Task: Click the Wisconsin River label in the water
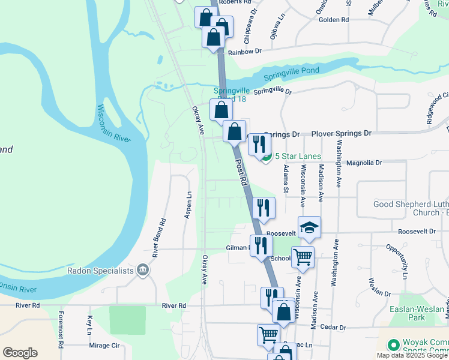pos(114,124)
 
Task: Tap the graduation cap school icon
pos(309,227)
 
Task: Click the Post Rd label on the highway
pos(241,171)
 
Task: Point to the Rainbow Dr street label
pos(244,51)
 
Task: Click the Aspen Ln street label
pos(188,204)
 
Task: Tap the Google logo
pos(20,352)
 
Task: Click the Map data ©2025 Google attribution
pos(412,355)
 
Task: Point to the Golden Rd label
pos(334,20)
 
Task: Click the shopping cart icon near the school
pos(303,256)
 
